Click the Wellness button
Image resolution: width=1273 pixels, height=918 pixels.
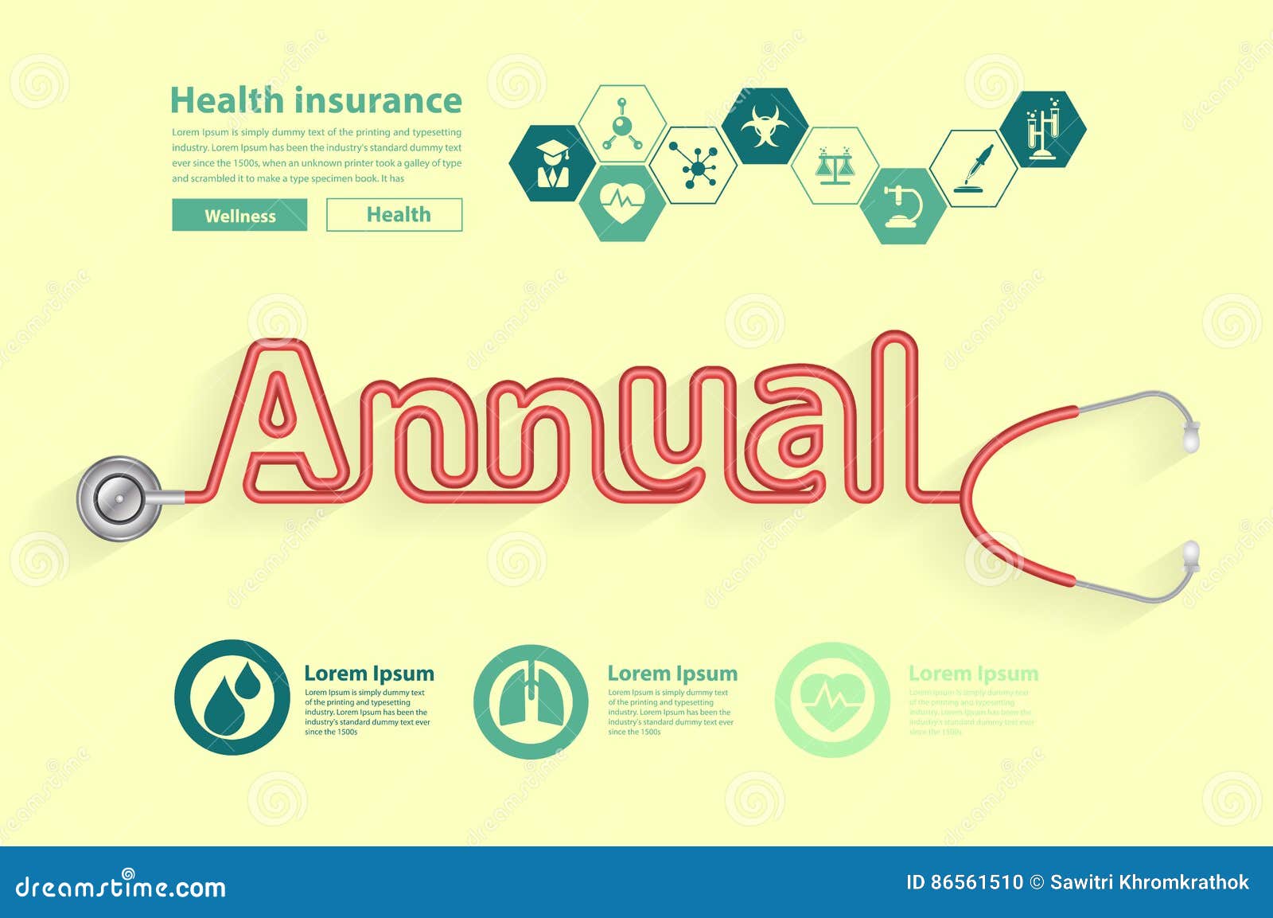tap(239, 215)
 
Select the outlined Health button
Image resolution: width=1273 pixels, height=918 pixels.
tap(395, 215)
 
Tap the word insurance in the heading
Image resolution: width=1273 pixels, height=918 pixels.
tap(377, 101)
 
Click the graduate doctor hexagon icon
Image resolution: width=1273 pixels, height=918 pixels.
tap(552, 163)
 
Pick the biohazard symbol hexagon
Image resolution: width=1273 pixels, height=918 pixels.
tap(765, 127)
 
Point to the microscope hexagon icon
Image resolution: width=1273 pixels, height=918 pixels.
tap(904, 206)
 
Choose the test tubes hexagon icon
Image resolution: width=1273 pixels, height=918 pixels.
tap(1043, 127)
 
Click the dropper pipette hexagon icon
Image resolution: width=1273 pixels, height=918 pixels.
tap(974, 168)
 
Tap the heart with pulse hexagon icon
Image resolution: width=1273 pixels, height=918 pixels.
tap(622, 204)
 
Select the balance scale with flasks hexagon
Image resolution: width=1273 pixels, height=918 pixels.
tap(835, 166)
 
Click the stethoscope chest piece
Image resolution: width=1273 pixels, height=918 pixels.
tap(119, 498)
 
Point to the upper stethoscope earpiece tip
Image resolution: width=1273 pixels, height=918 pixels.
tap(1191, 436)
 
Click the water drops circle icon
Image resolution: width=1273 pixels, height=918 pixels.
tap(232, 697)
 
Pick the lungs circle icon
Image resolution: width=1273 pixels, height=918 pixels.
tap(531, 701)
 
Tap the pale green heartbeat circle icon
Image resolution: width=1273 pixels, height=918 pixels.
tap(832, 700)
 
